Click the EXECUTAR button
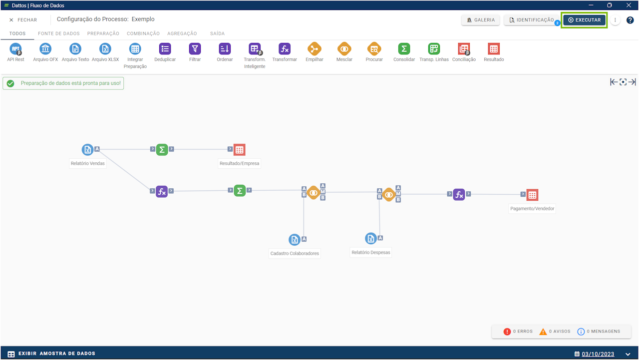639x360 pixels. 584,20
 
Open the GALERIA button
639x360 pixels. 480,20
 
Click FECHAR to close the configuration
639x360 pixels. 23,20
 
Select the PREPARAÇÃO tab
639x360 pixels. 103,33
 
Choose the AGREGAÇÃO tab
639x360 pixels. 182,33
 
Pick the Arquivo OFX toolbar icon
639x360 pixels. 45,49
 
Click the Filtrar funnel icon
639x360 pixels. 195,49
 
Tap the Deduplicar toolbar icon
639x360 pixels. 165,49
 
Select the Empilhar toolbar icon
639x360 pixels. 314,49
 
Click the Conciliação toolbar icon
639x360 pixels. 464,49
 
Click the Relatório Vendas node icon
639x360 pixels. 88,149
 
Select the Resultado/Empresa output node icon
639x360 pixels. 239,150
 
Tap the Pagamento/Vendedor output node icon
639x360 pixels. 532,195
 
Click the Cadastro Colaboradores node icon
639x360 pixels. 295,240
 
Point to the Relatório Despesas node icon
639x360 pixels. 371,239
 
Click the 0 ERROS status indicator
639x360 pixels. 518,332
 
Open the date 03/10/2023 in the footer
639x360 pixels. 598,354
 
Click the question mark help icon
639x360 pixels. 630,20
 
